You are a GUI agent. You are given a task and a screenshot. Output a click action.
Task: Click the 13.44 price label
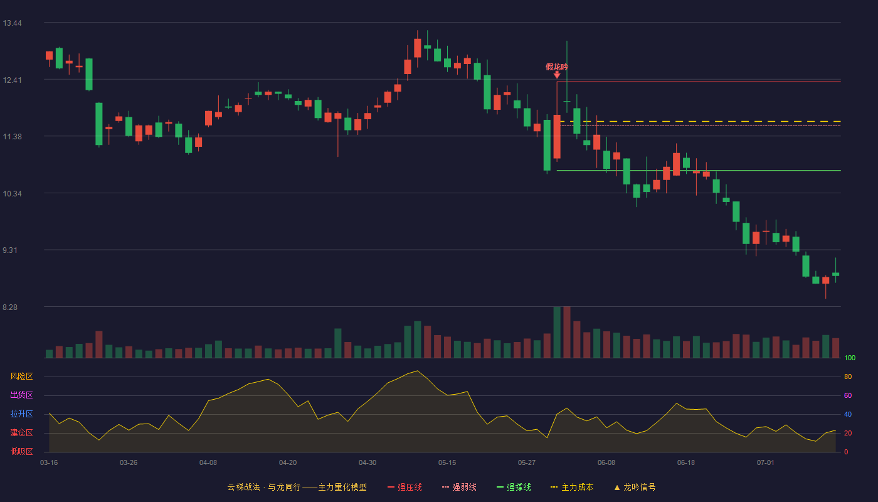click(x=12, y=23)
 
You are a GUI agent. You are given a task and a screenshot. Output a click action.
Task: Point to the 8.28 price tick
click(x=10, y=307)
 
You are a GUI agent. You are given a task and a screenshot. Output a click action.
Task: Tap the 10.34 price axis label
click(x=12, y=194)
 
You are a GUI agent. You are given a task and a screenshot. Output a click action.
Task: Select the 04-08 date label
click(x=208, y=463)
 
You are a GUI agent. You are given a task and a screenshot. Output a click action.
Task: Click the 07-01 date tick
click(x=766, y=463)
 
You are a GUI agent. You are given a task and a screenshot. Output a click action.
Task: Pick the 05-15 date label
click(x=447, y=463)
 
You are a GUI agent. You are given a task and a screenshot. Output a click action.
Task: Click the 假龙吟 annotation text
click(x=557, y=67)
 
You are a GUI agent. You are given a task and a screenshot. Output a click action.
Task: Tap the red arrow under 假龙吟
click(x=557, y=75)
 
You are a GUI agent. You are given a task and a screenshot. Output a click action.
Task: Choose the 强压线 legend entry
click(x=405, y=487)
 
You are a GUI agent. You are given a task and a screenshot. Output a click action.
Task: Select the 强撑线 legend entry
click(x=514, y=487)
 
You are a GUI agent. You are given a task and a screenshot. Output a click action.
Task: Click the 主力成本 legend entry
click(x=572, y=487)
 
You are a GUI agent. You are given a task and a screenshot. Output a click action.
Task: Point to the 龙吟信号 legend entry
click(x=635, y=487)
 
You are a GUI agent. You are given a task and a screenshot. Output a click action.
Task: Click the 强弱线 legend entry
click(x=459, y=487)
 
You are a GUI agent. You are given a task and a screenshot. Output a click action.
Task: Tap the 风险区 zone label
click(x=21, y=376)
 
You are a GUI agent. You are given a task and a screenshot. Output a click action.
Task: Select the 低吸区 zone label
click(x=21, y=452)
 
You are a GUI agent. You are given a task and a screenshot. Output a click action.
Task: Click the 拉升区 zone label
click(x=21, y=414)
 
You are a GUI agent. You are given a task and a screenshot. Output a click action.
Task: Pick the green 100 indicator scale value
click(x=850, y=358)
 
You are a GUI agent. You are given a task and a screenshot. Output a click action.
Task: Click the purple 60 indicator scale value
click(x=848, y=395)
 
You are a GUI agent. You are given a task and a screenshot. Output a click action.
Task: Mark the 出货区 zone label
click(x=21, y=395)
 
